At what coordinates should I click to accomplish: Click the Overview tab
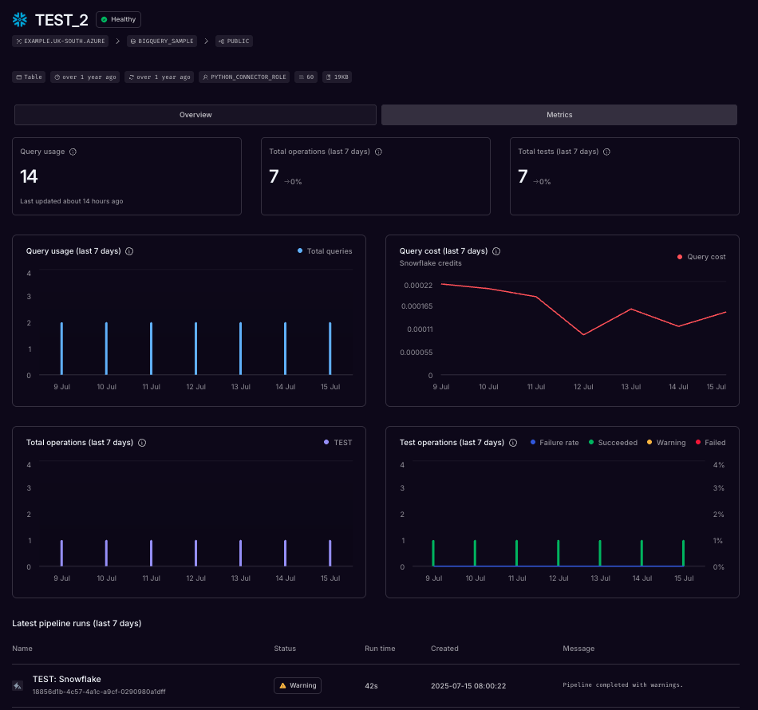point(195,115)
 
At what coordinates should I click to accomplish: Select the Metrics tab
point(559,115)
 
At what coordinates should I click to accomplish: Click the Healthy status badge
point(118,19)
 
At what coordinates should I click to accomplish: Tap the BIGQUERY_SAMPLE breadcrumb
point(162,41)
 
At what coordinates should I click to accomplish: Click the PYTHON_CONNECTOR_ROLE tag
point(244,77)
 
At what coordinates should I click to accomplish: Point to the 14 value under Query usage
point(30,176)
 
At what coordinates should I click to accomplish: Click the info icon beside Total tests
point(607,152)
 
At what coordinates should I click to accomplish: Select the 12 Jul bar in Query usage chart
point(195,349)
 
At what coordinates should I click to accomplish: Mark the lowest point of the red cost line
point(584,335)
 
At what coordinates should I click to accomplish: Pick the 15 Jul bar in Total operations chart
point(330,553)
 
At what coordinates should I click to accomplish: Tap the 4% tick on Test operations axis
point(718,465)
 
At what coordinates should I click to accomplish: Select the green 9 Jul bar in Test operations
point(433,553)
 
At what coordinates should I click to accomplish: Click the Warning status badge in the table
point(297,685)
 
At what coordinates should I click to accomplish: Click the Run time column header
point(380,649)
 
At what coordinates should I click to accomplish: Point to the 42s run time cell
point(370,685)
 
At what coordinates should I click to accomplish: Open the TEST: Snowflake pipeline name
point(67,680)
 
